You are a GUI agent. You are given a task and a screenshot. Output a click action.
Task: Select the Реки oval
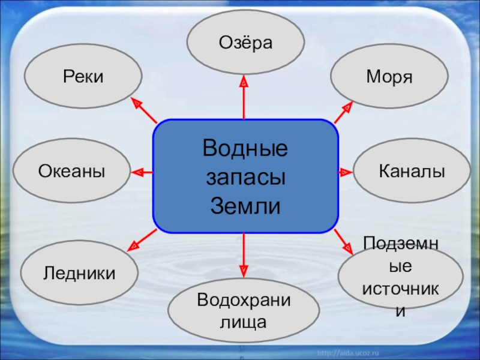click(83, 76)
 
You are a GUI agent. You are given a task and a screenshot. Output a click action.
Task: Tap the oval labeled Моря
click(389, 76)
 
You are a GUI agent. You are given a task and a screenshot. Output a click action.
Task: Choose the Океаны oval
click(72, 172)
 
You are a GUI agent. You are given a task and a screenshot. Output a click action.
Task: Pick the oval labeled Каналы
click(412, 172)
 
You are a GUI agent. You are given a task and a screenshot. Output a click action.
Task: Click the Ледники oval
click(79, 274)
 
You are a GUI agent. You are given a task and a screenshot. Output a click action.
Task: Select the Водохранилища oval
click(244, 310)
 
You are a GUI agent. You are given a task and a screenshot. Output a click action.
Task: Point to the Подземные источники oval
click(401, 277)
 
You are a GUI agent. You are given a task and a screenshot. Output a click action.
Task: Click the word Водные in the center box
click(245, 148)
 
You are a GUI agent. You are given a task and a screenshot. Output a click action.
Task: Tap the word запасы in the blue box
click(245, 178)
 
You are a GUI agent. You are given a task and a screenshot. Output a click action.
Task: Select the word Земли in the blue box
click(245, 206)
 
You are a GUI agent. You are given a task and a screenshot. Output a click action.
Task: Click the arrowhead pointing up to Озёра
click(244, 82)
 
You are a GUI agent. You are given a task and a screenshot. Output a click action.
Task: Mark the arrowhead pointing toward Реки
click(136, 103)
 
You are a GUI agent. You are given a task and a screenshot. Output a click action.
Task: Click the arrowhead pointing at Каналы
click(346, 172)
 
